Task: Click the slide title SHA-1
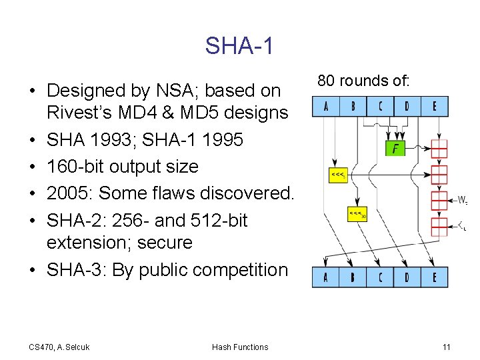point(239,46)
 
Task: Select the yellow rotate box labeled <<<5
point(338,175)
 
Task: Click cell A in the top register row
point(325,106)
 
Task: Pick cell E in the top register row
point(435,106)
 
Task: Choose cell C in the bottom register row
point(380,277)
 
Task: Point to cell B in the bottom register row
point(353,277)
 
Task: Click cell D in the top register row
point(407,106)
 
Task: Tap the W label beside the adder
point(461,199)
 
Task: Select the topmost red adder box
point(439,148)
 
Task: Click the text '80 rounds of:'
point(363,81)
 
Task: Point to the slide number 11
point(446,347)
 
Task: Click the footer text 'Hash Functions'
point(240,347)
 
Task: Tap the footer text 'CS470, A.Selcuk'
point(59,347)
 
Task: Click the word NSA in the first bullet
point(188,90)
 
